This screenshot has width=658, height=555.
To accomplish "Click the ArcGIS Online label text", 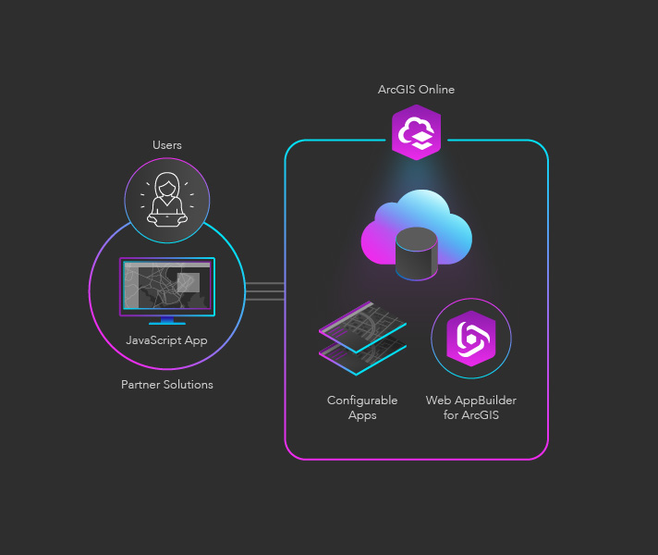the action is coord(416,90).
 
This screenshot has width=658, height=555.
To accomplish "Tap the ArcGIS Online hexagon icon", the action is coord(416,133).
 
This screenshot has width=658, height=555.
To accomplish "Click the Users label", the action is coord(167,145).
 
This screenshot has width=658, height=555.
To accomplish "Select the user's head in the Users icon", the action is coord(167,185).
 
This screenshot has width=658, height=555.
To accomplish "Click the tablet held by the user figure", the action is coord(167,219).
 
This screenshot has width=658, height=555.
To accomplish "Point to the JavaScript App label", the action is coord(167,339).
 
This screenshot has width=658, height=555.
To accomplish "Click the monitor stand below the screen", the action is coord(167,321).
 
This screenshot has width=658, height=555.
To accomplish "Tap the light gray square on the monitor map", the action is coord(188,282).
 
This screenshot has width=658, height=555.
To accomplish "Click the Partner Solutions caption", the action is coord(167,385).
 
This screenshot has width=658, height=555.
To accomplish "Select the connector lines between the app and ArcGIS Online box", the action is coord(265,291).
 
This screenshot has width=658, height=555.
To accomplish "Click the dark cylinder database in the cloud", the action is coord(416,253).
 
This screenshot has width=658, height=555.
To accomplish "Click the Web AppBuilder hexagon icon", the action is coord(470,339).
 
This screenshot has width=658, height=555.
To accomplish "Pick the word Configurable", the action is coord(362,401).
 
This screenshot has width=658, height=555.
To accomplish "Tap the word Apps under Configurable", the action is coord(362,415).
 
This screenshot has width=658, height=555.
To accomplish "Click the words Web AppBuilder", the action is coord(470,401).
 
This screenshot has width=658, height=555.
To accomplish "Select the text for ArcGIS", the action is coord(470,415).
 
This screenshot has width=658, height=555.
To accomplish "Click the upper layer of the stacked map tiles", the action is coord(362,327).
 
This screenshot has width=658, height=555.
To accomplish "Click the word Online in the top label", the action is coord(436,90).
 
